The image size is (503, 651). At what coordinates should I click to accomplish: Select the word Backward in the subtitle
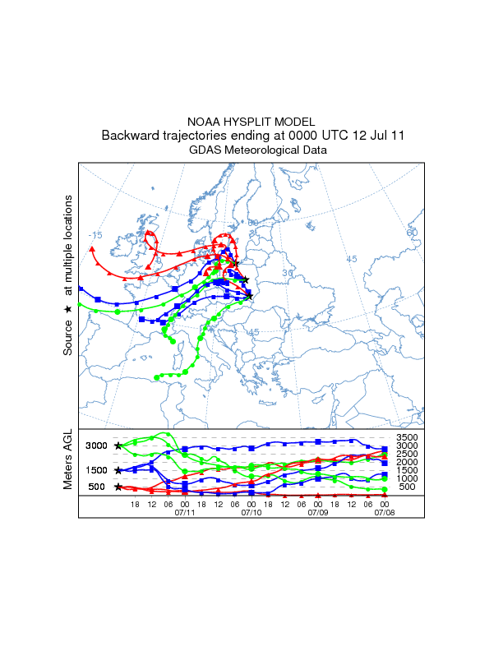pos(129,136)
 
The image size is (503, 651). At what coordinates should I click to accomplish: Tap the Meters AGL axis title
pos(69,460)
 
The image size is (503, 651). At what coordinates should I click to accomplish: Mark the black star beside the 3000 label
pos(118,446)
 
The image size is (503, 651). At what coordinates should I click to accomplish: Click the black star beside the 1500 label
pos(118,470)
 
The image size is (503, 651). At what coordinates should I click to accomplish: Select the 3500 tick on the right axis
pos(408,437)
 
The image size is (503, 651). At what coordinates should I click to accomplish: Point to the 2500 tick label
pos(408,454)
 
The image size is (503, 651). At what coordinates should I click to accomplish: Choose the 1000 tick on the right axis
pos(408,478)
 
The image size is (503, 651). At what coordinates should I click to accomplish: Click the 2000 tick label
pos(408,462)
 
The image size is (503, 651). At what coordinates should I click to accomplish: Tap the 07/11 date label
pos(184,512)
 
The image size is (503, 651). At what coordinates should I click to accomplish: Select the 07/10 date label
pos(251,512)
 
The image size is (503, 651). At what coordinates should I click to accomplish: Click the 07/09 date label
pos(318,512)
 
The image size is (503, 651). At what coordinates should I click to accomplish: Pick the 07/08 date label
pos(385,512)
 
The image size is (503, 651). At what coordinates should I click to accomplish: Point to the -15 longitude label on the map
pos(96,235)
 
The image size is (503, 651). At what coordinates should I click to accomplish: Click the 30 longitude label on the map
pos(288,273)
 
